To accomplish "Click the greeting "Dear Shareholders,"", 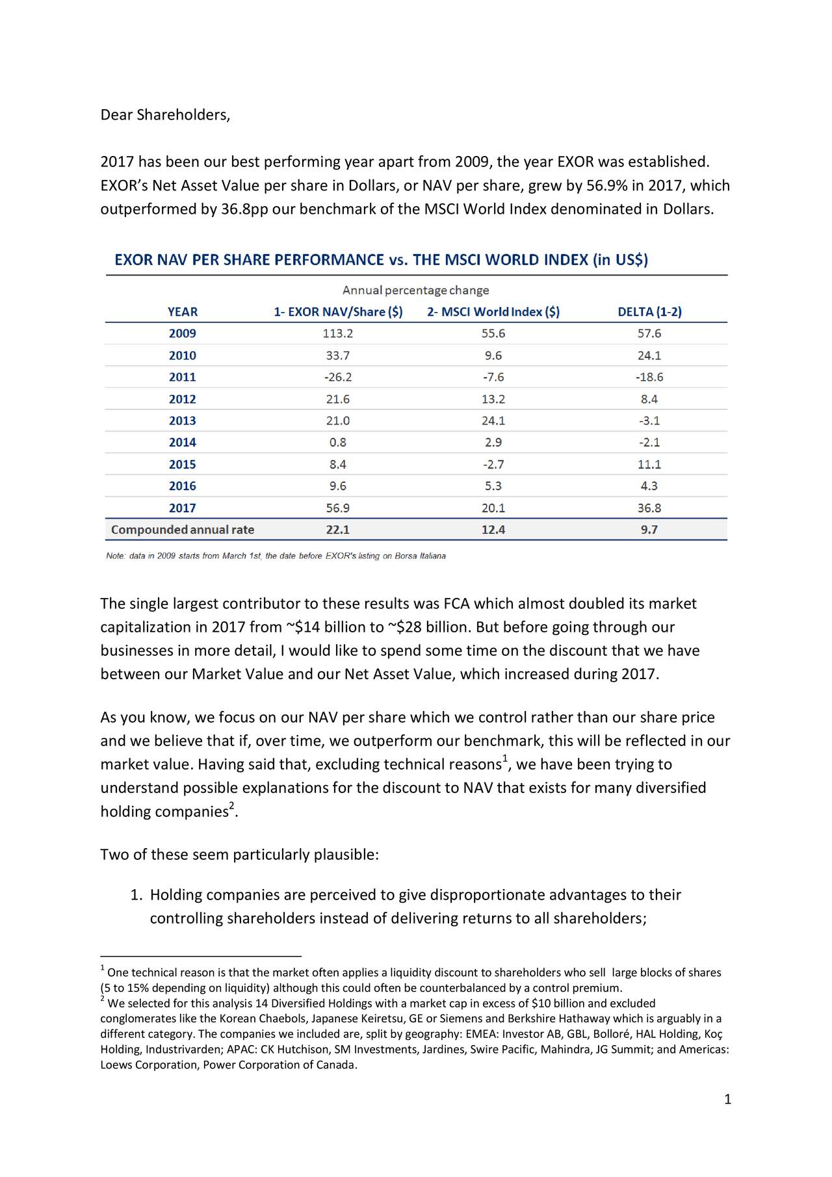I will click(x=165, y=116).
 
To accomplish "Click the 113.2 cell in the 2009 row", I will click(x=338, y=334).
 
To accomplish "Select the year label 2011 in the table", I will click(x=182, y=378).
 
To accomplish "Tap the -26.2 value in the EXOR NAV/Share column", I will click(x=338, y=378).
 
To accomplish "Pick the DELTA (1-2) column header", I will click(x=649, y=312).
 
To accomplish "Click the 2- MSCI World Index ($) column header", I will click(x=493, y=312).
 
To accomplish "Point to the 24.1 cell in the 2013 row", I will click(x=493, y=421).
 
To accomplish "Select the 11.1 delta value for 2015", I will click(x=649, y=465).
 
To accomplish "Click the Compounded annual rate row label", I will click(x=183, y=530).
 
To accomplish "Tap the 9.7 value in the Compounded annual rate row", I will click(x=649, y=530).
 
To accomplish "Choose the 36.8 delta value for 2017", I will click(x=649, y=508).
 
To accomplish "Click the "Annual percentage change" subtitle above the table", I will click(x=416, y=290).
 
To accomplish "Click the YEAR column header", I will click(x=182, y=312).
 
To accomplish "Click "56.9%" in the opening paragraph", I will click(x=607, y=187).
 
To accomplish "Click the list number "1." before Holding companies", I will click(x=136, y=896).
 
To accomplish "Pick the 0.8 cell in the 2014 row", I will click(x=338, y=443).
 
